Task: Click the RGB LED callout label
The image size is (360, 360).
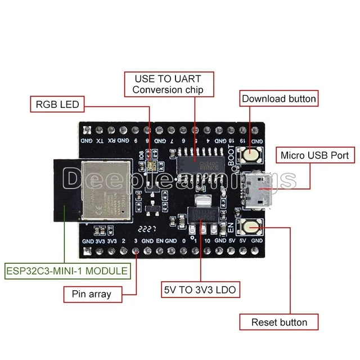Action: click(x=57, y=104)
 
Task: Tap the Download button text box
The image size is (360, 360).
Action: click(x=279, y=98)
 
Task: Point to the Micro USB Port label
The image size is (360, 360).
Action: click(x=315, y=155)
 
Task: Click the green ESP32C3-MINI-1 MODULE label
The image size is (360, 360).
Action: click(x=67, y=271)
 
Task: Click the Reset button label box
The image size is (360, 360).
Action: click(x=279, y=322)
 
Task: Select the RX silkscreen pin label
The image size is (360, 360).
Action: click(x=112, y=141)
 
